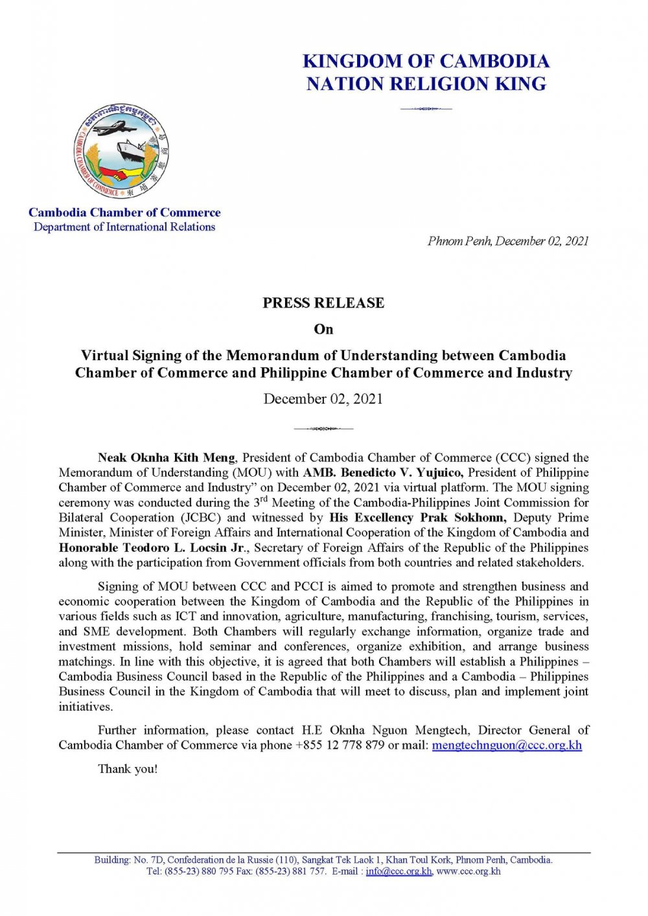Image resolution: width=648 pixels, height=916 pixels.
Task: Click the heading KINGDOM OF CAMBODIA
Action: [x=426, y=62]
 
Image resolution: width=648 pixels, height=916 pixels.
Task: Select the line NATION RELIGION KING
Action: [x=426, y=84]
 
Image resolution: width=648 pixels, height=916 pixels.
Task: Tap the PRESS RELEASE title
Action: [x=323, y=303]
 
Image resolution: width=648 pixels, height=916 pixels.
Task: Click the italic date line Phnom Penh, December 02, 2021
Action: [x=508, y=241]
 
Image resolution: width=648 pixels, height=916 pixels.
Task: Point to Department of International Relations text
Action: [x=124, y=227]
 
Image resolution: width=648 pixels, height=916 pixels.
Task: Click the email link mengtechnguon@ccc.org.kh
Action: [x=507, y=745]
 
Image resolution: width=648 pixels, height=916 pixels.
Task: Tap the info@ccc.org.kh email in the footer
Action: [x=399, y=871]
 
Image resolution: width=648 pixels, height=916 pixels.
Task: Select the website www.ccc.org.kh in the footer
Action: [x=469, y=871]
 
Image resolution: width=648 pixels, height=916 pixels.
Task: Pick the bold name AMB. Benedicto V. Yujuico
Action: [x=383, y=472]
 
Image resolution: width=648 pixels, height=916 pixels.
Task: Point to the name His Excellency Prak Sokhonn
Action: [x=417, y=518]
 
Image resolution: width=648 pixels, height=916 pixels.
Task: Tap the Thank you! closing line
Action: [x=128, y=769]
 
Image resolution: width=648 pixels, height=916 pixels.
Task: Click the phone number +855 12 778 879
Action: [x=340, y=745]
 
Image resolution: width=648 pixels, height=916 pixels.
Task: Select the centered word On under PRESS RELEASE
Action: [x=323, y=329]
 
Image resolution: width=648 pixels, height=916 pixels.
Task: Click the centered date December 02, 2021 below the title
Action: [x=323, y=399]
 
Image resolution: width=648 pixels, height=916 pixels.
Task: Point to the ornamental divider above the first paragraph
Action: [x=323, y=428]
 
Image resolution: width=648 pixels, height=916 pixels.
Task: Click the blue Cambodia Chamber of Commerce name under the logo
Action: [x=124, y=212]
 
